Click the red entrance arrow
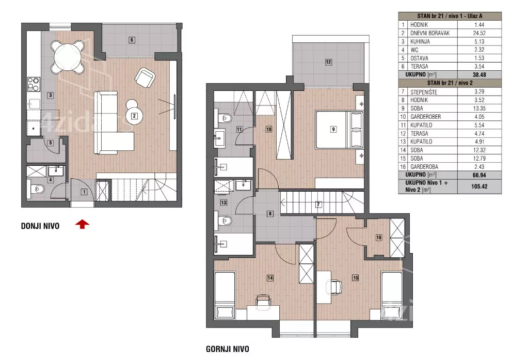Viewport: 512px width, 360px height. [x=82, y=225]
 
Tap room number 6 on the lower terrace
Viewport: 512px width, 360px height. [x=132, y=40]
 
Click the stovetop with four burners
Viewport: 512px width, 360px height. [x=34, y=84]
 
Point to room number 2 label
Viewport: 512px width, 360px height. [x=134, y=116]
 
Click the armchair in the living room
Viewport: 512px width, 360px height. [x=145, y=78]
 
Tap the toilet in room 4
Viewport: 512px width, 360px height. [x=38, y=189]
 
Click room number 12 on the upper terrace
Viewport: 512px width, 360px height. [x=328, y=62]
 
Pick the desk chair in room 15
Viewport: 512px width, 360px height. [x=334, y=287]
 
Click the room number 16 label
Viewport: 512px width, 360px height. [x=379, y=238]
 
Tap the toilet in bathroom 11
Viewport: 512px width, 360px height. [x=225, y=118]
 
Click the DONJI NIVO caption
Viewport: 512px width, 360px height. [x=40, y=226]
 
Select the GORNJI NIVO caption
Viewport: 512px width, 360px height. [x=228, y=349]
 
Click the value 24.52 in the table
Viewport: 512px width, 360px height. [x=479, y=33]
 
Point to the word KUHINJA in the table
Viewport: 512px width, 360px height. [x=420, y=41]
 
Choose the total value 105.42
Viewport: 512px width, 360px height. [x=479, y=186]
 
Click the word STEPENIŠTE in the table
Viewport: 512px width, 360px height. [x=424, y=92]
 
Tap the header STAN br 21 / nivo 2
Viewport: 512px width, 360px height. [x=450, y=83]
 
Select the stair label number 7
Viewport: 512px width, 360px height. [x=318, y=205]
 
